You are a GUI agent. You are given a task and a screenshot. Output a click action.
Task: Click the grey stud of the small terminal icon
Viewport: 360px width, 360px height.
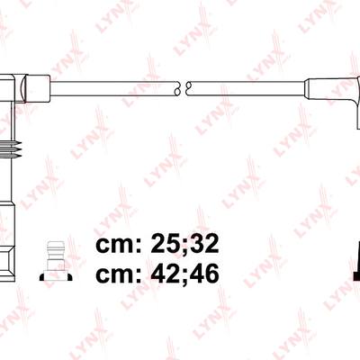(x=56, y=256)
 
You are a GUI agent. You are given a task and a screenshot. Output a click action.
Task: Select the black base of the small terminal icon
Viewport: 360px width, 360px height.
(x=56, y=276)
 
